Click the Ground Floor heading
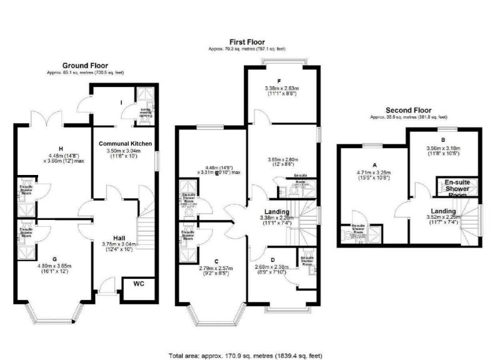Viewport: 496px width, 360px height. (x=85, y=65)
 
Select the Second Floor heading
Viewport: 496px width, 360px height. (x=409, y=109)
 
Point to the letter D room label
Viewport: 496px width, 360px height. (x=273, y=259)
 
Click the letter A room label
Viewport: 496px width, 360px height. (x=374, y=165)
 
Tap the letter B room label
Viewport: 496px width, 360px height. (x=443, y=141)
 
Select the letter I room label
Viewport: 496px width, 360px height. (x=119, y=102)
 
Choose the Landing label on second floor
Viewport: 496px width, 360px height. (x=443, y=210)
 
